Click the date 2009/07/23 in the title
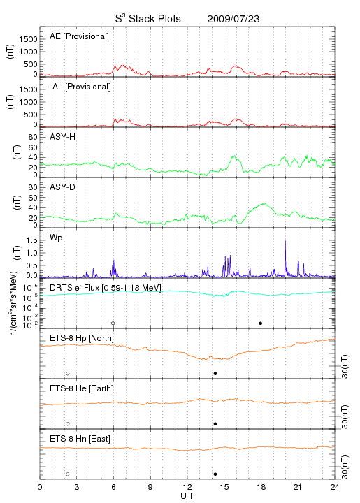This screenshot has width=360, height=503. [233, 19]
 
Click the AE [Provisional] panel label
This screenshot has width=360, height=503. [79, 36]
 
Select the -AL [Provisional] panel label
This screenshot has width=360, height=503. [80, 87]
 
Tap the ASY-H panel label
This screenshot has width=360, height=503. [63, 137]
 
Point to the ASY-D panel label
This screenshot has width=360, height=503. [63, 187]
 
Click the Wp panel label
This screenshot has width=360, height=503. [56, 238]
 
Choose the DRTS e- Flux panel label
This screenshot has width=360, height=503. [106, 288]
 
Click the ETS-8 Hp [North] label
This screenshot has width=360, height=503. [82, 338]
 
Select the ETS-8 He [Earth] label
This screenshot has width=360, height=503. [82, 388]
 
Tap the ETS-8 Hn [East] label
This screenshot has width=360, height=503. [80, 439]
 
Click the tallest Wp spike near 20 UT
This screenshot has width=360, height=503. [285, 241]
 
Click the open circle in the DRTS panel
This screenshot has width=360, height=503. [113, 323]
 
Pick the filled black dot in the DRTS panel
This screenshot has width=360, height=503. [261, 323]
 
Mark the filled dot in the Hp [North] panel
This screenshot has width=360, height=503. [215, 374]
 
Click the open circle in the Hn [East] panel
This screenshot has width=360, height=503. [68, 474]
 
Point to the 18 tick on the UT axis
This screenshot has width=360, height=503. [261, 487]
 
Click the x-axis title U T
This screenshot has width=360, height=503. [187, 496]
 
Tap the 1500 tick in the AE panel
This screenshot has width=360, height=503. [28, 39]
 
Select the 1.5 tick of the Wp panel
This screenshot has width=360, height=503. [31, 240]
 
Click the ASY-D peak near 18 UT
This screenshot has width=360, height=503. [264, 203]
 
